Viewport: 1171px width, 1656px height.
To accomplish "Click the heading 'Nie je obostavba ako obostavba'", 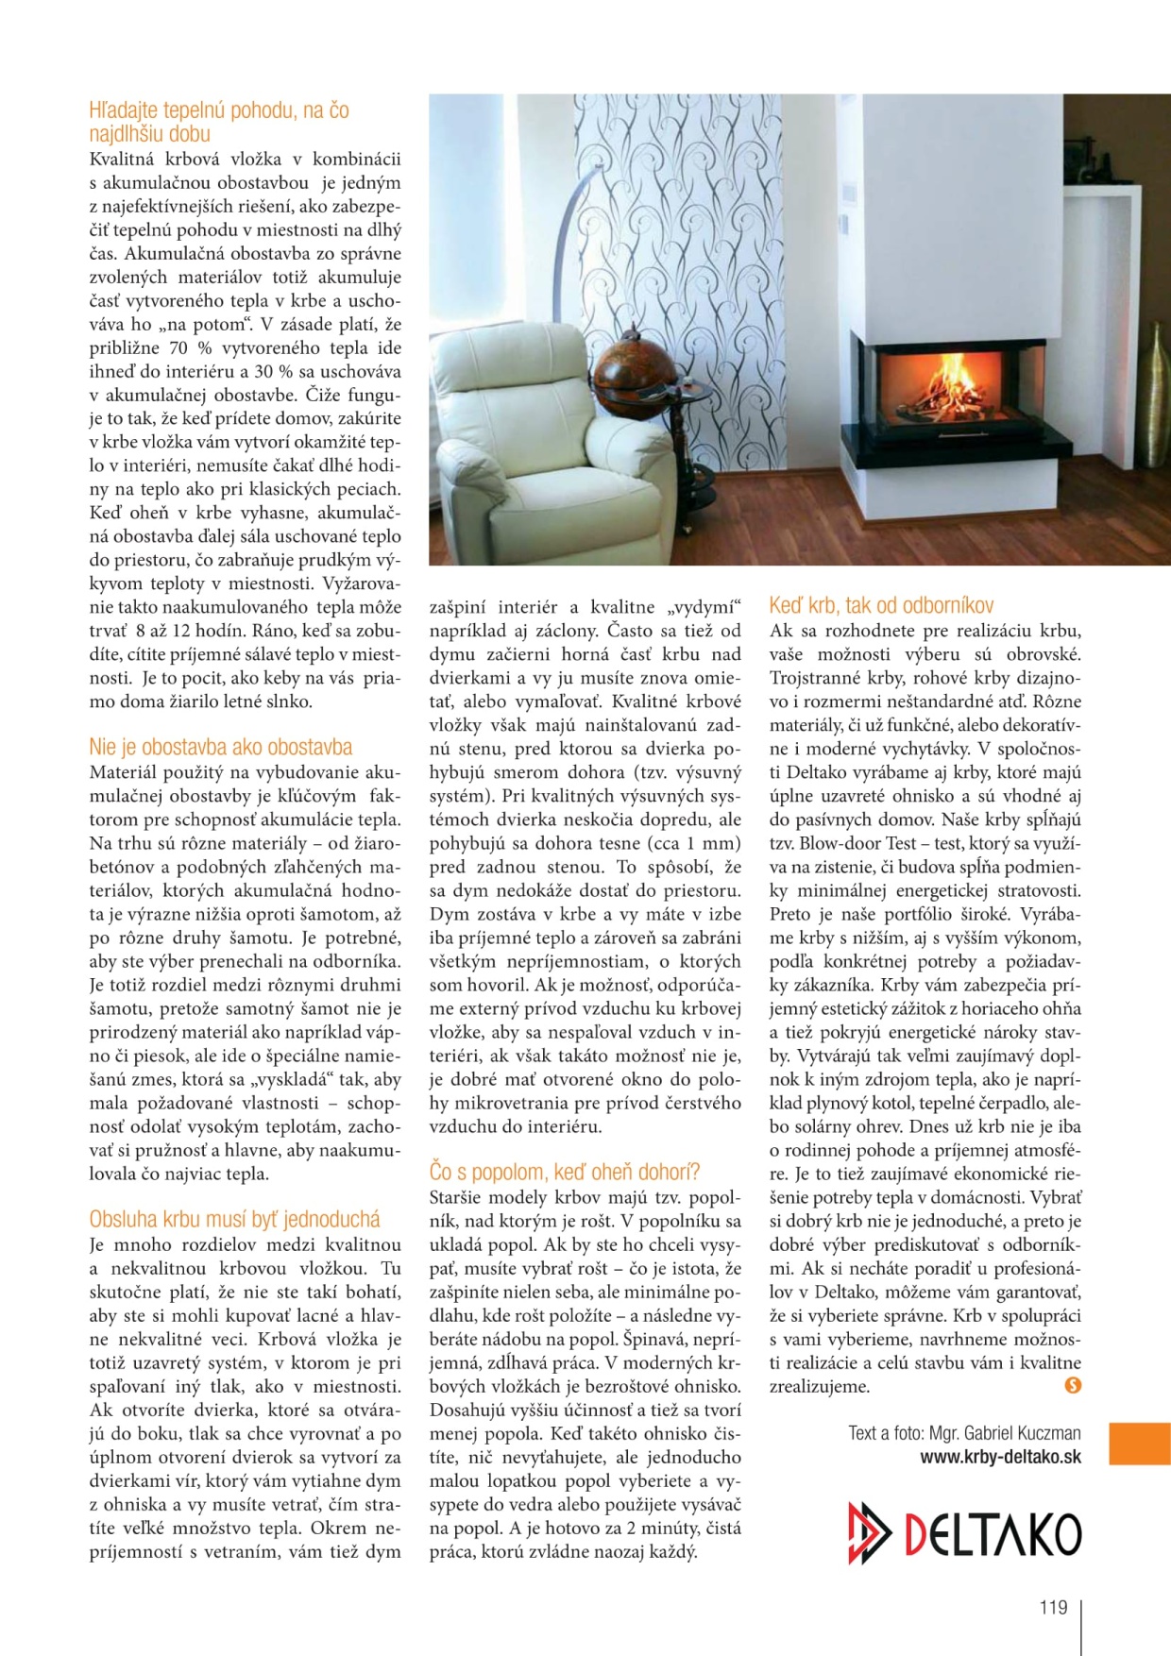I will tap(220, 747).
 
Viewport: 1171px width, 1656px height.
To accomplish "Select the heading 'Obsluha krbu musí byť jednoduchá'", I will tap(234, 1219).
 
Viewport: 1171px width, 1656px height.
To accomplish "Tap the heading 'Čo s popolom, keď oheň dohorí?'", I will tap(564, 1172).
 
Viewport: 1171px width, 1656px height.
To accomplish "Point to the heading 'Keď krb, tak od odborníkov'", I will tap(880, 605).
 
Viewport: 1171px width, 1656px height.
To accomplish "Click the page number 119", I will tap(1052, 1607).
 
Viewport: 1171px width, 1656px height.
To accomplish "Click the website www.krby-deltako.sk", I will tap(1000, 1457).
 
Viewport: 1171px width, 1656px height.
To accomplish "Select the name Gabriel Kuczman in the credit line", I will tap(1027, 1433).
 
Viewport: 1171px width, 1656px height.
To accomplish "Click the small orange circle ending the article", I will tap(1072, 1385).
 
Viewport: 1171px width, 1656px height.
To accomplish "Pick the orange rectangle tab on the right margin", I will tap(1139, 1444).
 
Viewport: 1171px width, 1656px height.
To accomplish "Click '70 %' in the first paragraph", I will tap(192, 347).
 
